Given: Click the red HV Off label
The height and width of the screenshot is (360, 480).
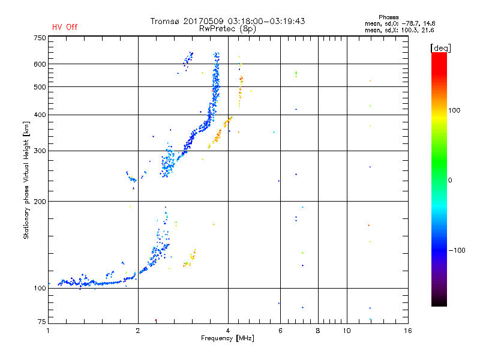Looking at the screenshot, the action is click(65, 27).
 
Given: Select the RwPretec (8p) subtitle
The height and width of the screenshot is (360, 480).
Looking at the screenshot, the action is click(227, 29).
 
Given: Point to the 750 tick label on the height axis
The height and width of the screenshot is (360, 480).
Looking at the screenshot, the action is click(40, 38).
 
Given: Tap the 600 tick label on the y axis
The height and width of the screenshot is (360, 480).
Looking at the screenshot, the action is click(40, 64).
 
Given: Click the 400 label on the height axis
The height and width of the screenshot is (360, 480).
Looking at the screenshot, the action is click(40, 115).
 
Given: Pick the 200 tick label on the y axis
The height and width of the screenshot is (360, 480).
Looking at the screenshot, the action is click(40, 202).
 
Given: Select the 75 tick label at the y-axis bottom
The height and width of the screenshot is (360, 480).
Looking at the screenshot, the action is click(42, 322).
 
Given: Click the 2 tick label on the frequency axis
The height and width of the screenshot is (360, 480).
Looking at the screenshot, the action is click(138, 331).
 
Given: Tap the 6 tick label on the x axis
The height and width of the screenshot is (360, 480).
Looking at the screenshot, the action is click(280, 331).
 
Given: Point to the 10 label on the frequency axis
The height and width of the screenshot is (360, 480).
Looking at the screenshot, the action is click(347, 331).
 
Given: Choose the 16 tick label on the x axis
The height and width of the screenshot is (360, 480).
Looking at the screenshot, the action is click(408, 331).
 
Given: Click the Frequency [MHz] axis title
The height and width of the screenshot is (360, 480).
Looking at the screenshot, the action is click(227, 338).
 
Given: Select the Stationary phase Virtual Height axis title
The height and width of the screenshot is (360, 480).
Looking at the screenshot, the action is click(26, 180).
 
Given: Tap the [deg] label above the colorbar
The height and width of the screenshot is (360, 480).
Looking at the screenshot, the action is click(440, 49).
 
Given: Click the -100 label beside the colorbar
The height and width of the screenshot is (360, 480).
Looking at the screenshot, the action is click(457, 250).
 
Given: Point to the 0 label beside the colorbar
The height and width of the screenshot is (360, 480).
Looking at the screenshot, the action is click(450, 180).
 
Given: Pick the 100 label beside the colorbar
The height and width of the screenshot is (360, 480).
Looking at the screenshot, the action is click(454, 110).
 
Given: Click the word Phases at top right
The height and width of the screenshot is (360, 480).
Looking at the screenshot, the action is click(388, 17).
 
